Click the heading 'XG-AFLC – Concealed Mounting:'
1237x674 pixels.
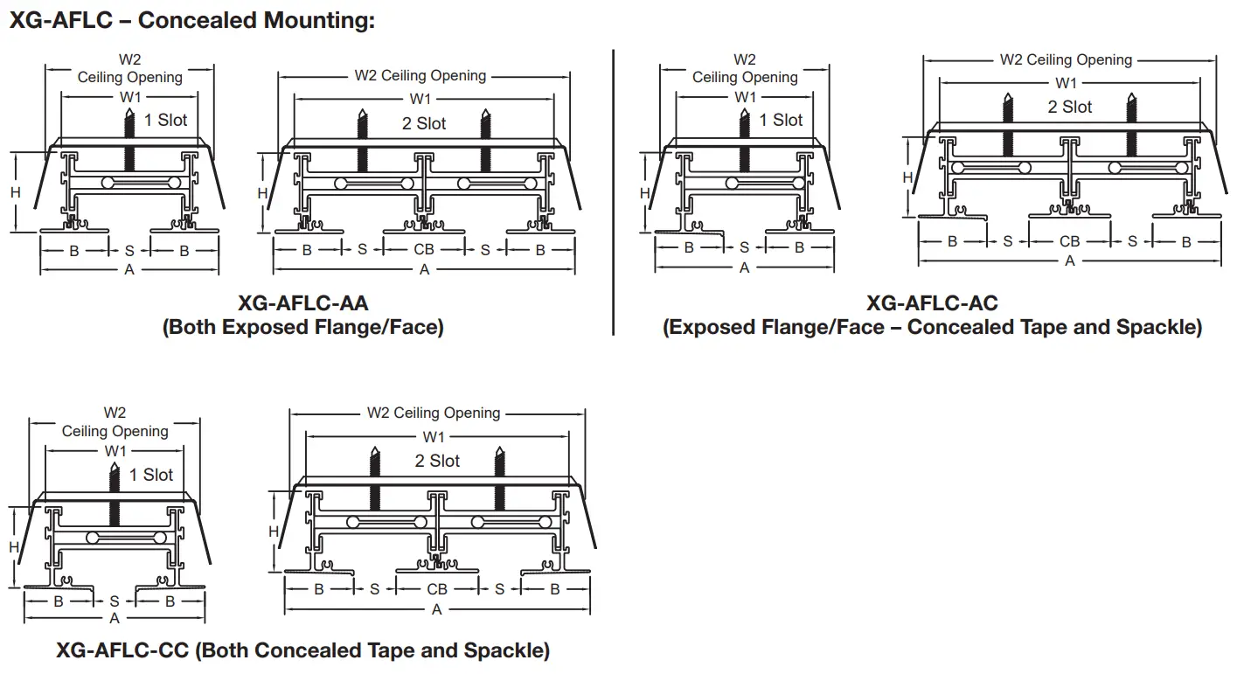[191, 21]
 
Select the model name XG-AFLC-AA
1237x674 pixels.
[303, 303]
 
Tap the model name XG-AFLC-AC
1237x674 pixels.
[932, 303]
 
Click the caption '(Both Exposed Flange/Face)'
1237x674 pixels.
[303, 328]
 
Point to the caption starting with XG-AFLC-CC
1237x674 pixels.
[302, 650]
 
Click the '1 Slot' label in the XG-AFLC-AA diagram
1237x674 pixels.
[165, 120]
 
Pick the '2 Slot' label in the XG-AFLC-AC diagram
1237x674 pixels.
[1070, 107]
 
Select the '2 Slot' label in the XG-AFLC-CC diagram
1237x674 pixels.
[437, 461]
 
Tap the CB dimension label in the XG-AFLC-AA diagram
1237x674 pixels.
[424, 250]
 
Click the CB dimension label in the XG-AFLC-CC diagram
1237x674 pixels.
[437, 589]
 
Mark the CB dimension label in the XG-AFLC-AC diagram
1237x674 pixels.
[1069, 241]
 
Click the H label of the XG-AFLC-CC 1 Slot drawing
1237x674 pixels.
[14, 547]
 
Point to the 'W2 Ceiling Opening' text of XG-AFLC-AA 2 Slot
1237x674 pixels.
[420, 76]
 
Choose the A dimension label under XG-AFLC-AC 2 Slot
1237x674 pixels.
[1070, 261]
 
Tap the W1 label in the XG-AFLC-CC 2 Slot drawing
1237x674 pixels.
[434, 436]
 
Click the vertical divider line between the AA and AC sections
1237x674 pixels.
[614, 192]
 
